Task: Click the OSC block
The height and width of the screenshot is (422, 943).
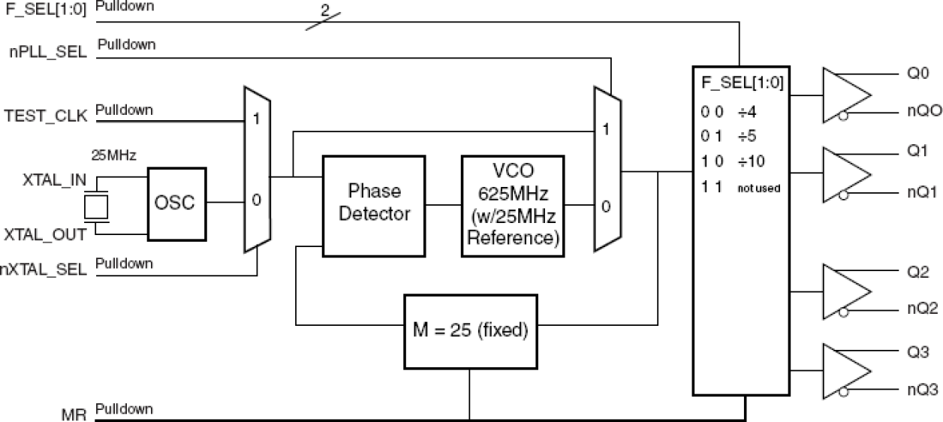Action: [x=176, y=203]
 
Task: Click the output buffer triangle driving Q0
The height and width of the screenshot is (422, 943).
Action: [x=845, y=95]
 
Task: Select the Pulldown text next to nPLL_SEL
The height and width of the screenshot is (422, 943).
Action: [x=126, y=44]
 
